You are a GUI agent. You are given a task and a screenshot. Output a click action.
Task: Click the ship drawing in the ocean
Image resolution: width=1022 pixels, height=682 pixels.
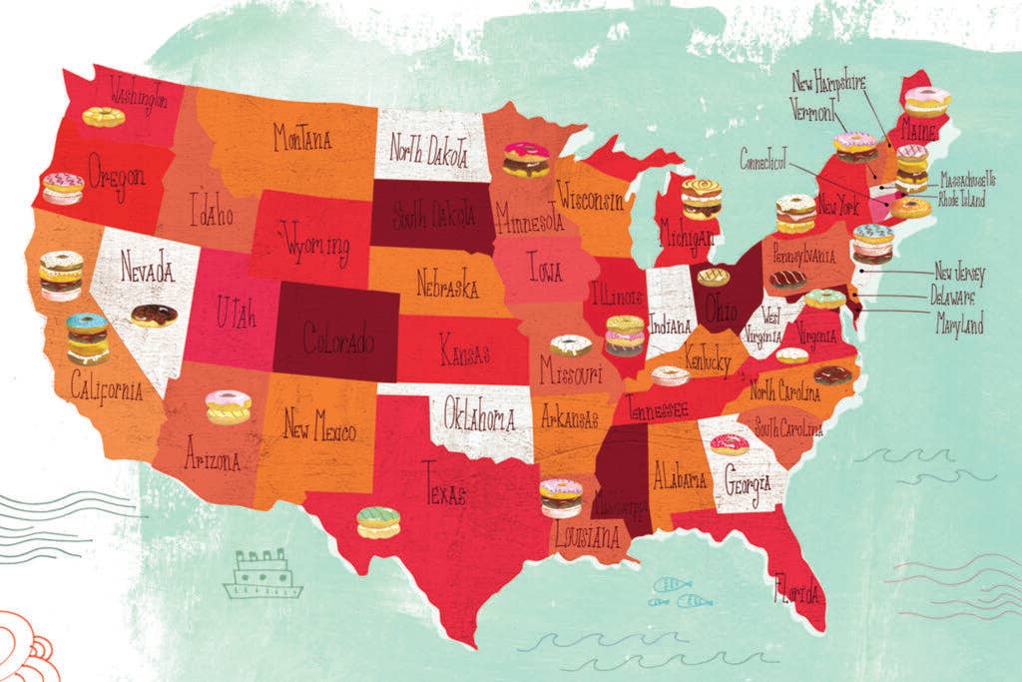262,576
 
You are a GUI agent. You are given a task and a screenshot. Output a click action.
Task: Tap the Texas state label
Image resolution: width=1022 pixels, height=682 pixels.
443,483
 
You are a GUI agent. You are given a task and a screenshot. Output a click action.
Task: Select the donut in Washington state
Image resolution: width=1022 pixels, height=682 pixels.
104,117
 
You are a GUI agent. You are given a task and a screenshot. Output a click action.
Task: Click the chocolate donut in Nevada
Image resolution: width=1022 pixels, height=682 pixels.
154,316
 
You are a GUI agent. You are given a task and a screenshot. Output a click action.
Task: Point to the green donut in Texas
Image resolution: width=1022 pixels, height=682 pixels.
378,522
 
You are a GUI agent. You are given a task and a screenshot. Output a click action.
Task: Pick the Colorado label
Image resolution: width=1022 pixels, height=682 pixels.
337,341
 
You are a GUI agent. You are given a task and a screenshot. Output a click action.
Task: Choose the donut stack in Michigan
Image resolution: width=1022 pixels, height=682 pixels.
701,199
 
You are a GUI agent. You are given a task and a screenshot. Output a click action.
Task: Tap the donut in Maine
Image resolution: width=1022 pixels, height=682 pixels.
926,102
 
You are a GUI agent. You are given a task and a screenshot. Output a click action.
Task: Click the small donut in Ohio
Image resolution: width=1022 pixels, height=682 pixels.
712,277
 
